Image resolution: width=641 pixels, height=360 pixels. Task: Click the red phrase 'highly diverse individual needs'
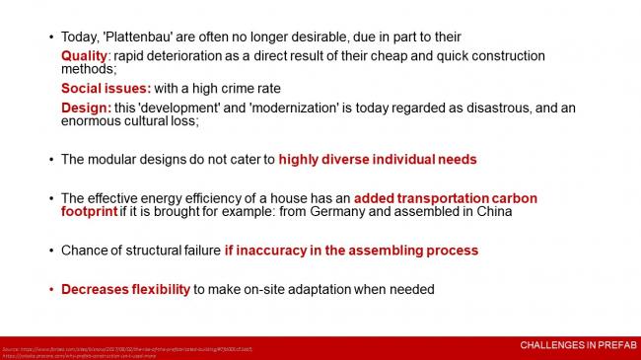tap(378, 159)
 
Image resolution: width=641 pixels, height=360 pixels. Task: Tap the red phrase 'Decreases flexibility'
tap(125, 289)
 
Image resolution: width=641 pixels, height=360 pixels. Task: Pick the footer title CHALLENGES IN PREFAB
tap(577, 345)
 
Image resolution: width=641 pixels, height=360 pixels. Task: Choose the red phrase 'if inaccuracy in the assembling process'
tap(351, 251)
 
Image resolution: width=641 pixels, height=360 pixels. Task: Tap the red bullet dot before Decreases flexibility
tap(50, 289)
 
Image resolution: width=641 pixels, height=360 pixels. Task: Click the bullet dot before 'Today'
tap(50, 37)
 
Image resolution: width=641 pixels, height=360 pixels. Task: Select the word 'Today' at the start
tap(80, 37)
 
